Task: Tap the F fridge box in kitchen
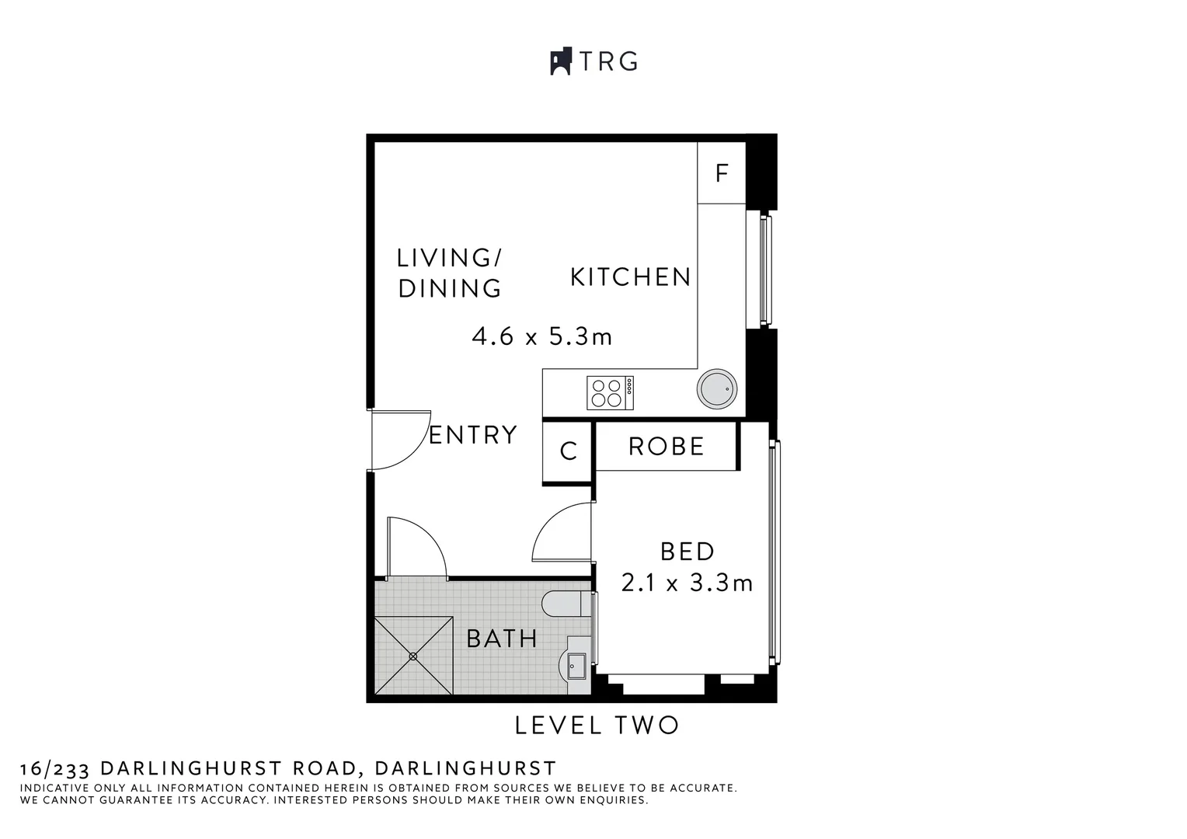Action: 722,172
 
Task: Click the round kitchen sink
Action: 716,389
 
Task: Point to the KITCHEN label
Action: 631,277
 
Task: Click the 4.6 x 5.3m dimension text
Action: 542,337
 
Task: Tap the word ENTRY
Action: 473,435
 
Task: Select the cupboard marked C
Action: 568,451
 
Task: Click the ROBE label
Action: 666,447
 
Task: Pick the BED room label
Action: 687,552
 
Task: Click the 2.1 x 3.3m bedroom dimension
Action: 687,583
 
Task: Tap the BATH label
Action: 502,639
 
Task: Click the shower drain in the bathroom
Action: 413,656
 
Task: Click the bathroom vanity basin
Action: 576,665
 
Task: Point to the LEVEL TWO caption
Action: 597,726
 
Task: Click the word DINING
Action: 450,288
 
